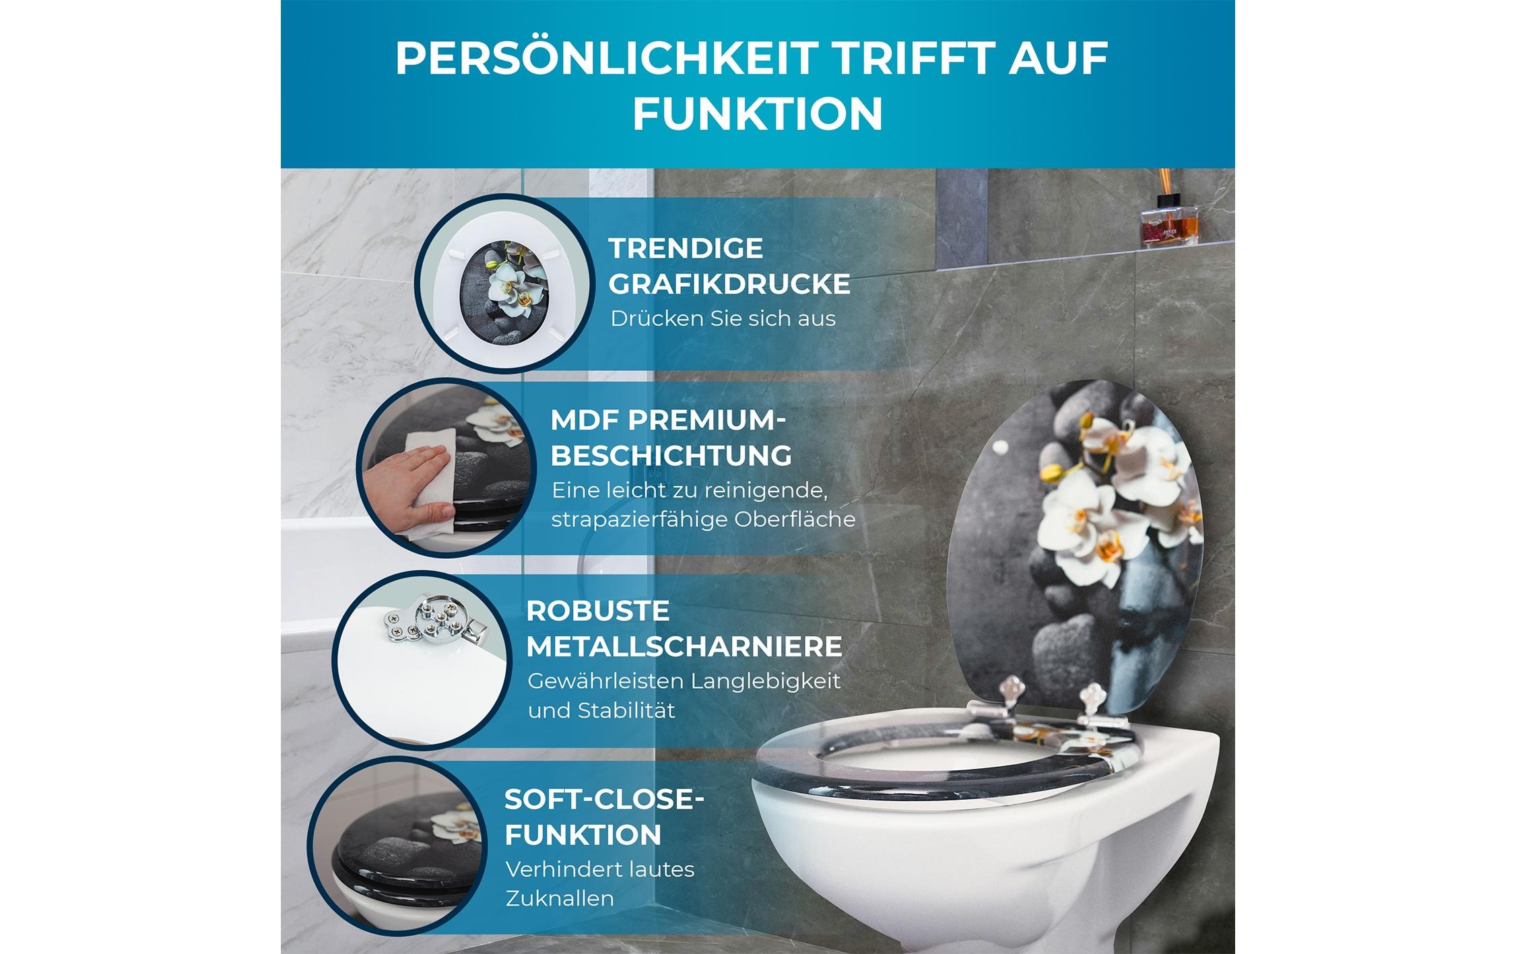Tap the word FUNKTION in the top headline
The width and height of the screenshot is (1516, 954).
pos(757,114)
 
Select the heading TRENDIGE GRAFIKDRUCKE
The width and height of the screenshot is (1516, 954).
pos(729,266)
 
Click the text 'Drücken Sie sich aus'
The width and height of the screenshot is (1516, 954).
pos(723,318)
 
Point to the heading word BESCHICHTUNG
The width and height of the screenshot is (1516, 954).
pos(671,456)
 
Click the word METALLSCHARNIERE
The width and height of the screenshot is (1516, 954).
pos(684,647)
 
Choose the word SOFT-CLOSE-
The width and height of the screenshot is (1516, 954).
pos(604,799)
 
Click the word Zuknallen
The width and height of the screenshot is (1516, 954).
pos(559,898)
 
